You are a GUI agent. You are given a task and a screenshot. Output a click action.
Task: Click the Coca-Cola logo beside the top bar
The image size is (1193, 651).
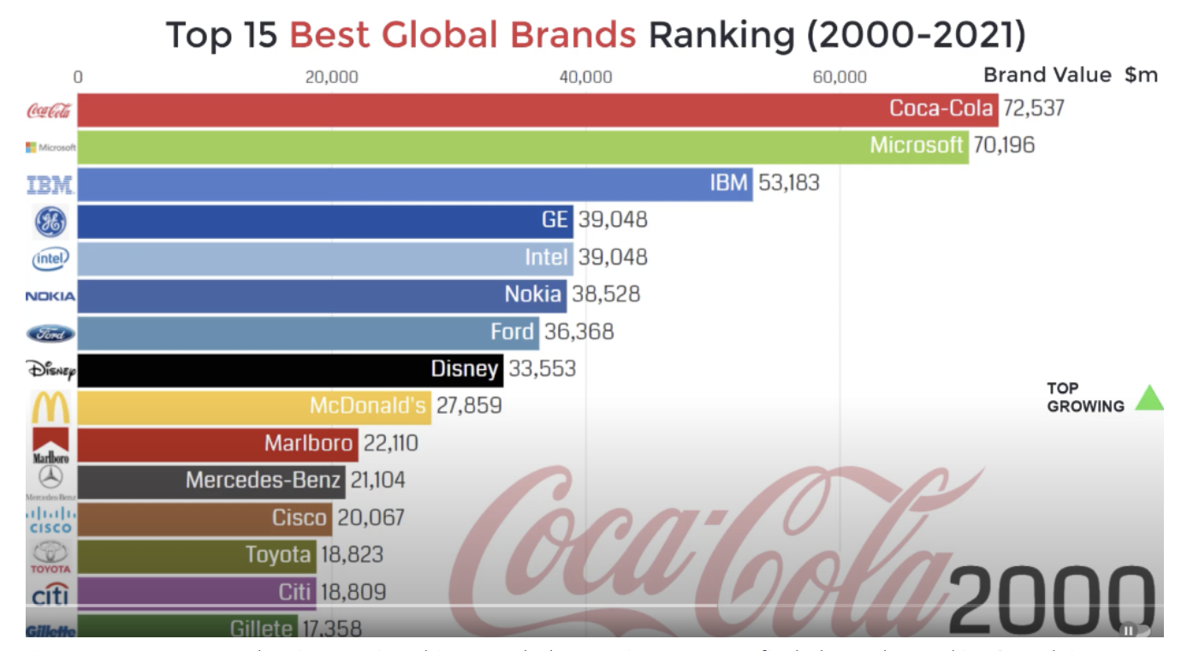pos(50,110)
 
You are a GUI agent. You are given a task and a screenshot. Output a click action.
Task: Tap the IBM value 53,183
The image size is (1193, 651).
pos(788,182)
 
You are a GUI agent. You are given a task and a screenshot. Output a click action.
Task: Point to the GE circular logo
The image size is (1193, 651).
pos(50,222)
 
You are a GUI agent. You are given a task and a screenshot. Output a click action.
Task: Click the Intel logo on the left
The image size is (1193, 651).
pos(50,258)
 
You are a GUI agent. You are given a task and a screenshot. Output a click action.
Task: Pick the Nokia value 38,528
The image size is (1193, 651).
pos(606,295)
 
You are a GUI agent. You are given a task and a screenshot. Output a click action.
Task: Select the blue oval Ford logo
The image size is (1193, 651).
pos(50,333)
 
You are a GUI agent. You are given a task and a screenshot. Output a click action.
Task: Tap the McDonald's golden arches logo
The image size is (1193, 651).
pos(50,408)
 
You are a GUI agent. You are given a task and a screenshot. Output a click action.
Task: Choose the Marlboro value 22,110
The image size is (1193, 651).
pos(389,443)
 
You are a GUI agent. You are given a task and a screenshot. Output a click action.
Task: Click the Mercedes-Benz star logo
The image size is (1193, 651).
pos(50,479)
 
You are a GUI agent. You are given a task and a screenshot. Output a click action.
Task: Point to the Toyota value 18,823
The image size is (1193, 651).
pos(352,554)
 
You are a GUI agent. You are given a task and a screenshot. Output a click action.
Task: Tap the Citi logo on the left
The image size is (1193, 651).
pos(50,593)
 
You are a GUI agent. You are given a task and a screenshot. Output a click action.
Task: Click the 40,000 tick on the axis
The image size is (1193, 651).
pos(586,77)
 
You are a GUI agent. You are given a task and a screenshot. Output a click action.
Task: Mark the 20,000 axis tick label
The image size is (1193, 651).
pos(332,77)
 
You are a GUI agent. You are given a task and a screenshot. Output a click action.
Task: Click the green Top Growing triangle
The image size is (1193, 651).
pos(1148,398)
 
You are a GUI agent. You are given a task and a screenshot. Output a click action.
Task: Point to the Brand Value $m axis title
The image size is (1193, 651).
pos(1070,75)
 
